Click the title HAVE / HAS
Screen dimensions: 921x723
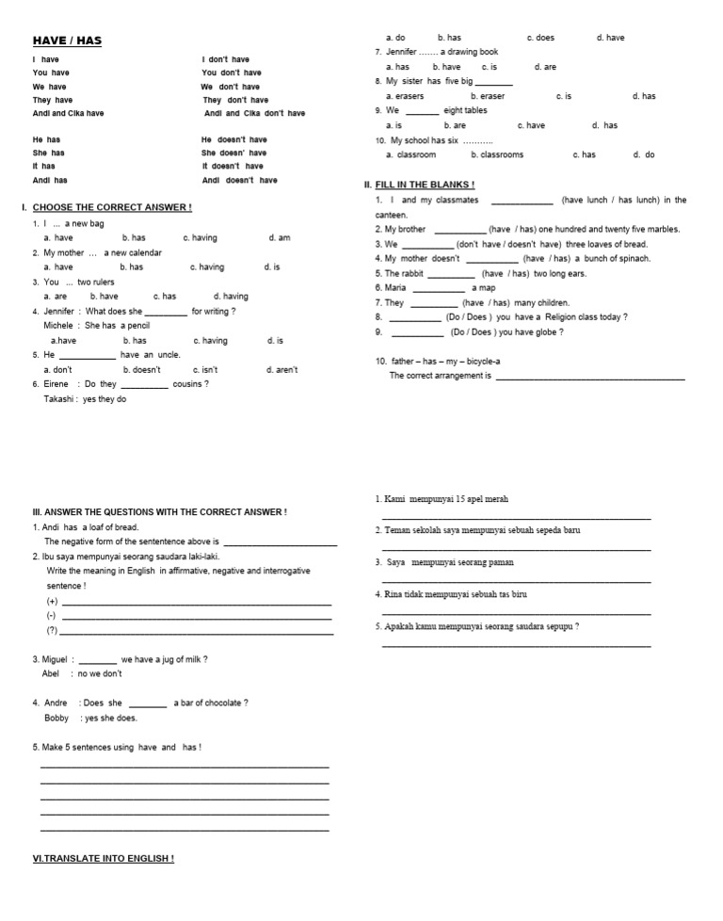[x=67, y=40]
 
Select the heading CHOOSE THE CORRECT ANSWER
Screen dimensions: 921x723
[x=112, y=207]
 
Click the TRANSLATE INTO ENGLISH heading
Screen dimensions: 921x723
[x=104, y=859]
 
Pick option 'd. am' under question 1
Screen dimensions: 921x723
[x=279, y=238]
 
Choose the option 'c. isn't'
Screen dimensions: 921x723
[x=205, y=370]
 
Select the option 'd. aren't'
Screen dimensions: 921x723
[x=281, y=370]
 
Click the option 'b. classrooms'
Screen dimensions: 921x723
[x=497, y=154]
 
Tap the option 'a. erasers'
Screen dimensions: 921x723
[x=405, y=96]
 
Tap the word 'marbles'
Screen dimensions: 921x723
[x=661, y=229]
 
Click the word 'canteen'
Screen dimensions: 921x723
[x=391, y=216]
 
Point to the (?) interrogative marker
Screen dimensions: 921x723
[x=52, y=630]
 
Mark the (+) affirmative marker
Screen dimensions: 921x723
[x=52, y=601]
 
